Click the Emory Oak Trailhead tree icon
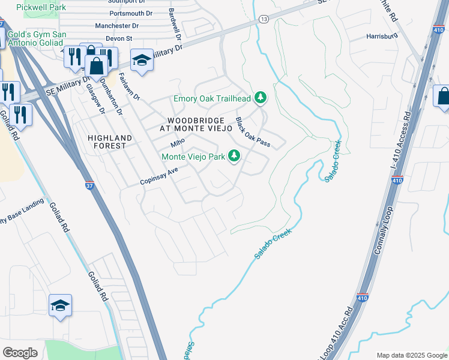(x=260, y=97)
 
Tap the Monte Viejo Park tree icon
(x=234, y=156)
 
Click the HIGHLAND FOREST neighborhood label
(x=107, y=141)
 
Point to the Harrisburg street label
(x=382, y=37)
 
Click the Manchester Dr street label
(x=117, y=26)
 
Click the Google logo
(x=20, y=353)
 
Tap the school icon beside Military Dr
(x=142, y=61)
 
